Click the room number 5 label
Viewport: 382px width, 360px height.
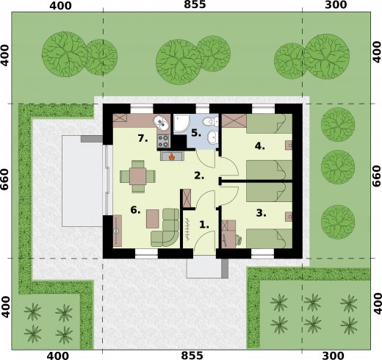coord(196,133)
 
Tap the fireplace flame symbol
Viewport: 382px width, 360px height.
coord(172,156)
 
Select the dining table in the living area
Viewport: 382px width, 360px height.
coord(137,176)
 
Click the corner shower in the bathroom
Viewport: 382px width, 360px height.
coord(181,124)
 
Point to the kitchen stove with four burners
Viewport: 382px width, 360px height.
coord(163,141)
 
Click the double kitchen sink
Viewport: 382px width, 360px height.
coord(162,123)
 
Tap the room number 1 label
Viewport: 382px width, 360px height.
coord(204,225)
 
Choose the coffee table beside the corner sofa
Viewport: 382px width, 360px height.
coord(153,219)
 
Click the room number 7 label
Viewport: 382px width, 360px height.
coord(143,139)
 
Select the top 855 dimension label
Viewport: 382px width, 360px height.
coord(195,4)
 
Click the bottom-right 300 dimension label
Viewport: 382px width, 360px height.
coord(336,356)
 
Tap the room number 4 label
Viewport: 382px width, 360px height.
coord(259,146)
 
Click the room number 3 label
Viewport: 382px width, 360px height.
coord(261,213)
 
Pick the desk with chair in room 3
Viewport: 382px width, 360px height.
coord(229,234)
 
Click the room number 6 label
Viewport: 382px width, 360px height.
coord(135,210)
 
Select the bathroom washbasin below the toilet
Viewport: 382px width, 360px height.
coord(212,137)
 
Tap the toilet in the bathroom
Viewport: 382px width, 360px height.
coord(211,121)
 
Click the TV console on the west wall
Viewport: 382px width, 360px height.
coord(118,231)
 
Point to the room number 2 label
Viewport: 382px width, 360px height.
coord(199,176)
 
